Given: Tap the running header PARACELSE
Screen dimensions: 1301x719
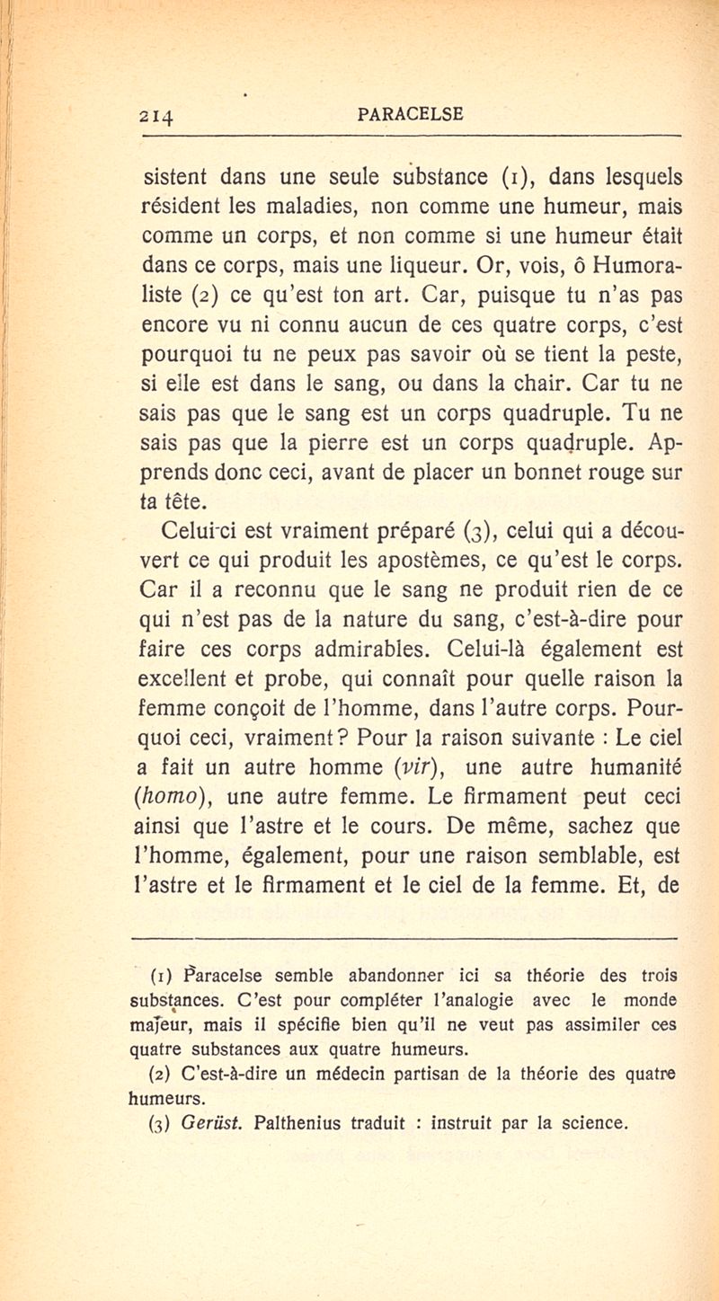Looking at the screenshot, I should (410, 114).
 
